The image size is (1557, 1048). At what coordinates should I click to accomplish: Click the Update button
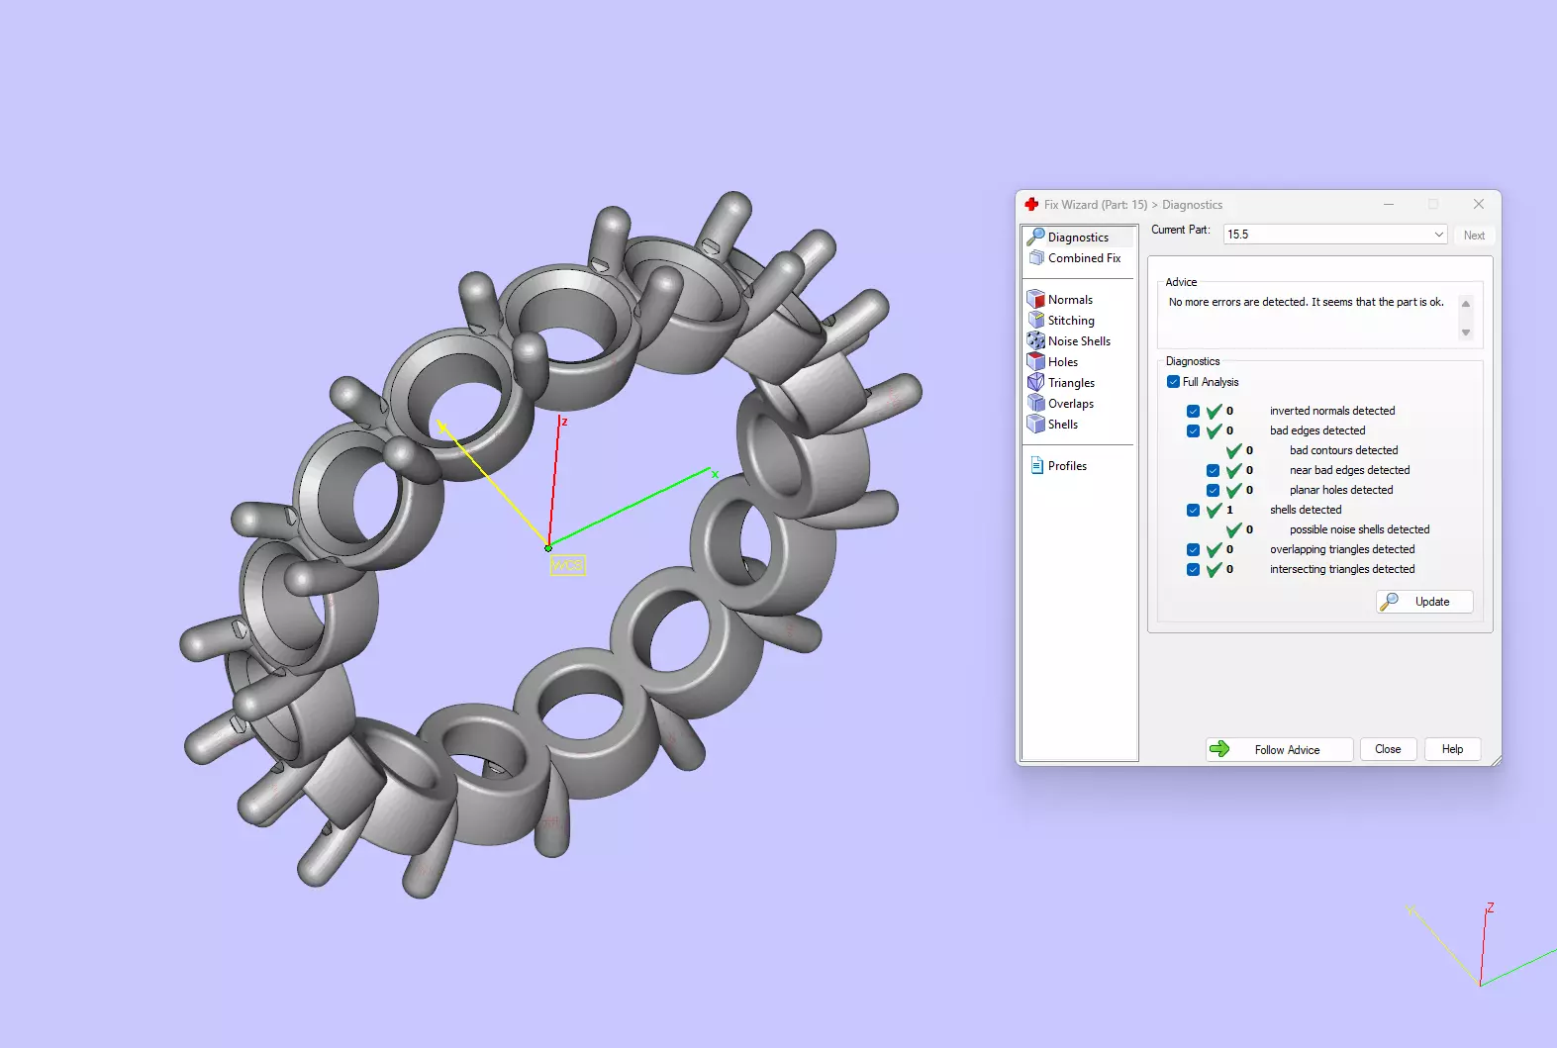[x=1424, y=602]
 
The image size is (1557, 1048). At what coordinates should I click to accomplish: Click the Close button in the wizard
[x=1388, y=749]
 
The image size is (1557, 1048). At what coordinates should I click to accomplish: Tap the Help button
[x=1452, y=749]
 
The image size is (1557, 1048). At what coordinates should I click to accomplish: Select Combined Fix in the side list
[x=1084, y=258]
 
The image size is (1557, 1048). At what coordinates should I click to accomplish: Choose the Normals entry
[x=1070, y=300]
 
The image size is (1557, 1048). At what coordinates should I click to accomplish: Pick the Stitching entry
[x=1071, y=321]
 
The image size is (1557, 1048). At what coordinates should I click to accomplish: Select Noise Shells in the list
[x=1079, y=341]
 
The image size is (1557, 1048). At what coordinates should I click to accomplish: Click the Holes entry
[x=1063, y=362]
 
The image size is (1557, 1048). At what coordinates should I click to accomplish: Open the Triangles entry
[x=1071, y=383]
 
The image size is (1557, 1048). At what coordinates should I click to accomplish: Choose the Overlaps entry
[x=1071, y=404]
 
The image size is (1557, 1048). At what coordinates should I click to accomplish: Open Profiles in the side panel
[x=1067, y=466]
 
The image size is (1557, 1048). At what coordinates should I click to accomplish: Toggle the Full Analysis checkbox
[x=1173, y=382]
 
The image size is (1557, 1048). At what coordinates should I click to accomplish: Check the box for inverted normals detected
[x=1193, y=411]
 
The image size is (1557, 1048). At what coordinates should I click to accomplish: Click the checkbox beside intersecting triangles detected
[x=1193, y=569]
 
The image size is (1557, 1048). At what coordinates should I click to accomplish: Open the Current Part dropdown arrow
[x=1438, y=235]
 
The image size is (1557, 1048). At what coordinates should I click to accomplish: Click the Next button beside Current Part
[x=1474, y=236]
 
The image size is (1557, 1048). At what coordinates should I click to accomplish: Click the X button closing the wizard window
[x=1479, y=204]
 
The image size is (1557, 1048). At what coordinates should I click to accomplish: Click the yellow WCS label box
[x=567, y=565]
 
